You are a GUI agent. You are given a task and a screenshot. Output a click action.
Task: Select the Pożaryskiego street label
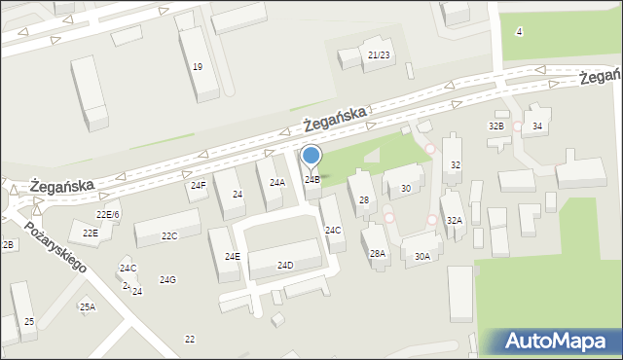[55, 249]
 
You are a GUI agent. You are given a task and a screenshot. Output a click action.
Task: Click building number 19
[198, 67]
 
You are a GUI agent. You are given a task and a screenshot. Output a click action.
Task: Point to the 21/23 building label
[380, 55]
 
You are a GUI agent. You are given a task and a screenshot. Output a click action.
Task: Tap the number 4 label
[519, 32]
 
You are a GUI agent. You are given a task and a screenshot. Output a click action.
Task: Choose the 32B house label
[496, 126]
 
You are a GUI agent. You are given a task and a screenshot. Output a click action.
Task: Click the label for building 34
[536, 127]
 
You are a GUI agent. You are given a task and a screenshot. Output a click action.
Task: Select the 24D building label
[285, 265]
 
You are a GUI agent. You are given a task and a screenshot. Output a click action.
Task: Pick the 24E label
[233, 256]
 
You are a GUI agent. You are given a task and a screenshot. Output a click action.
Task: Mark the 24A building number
[277, 183]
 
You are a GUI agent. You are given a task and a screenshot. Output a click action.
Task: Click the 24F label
[198, 185]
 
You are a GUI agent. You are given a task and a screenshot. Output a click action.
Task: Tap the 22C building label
[169, 236]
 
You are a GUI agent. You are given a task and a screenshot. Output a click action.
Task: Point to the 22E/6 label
[107, 214]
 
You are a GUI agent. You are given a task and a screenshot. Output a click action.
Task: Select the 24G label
[167, 280]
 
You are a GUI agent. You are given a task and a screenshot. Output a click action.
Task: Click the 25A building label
[88, 307]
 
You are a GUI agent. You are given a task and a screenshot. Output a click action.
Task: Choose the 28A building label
[377, 253]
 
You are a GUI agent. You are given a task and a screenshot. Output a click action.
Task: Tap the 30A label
[421, 257]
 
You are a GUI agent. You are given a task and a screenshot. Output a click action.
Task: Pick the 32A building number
[455, 221]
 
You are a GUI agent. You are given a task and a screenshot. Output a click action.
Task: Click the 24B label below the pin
[311, 180]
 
